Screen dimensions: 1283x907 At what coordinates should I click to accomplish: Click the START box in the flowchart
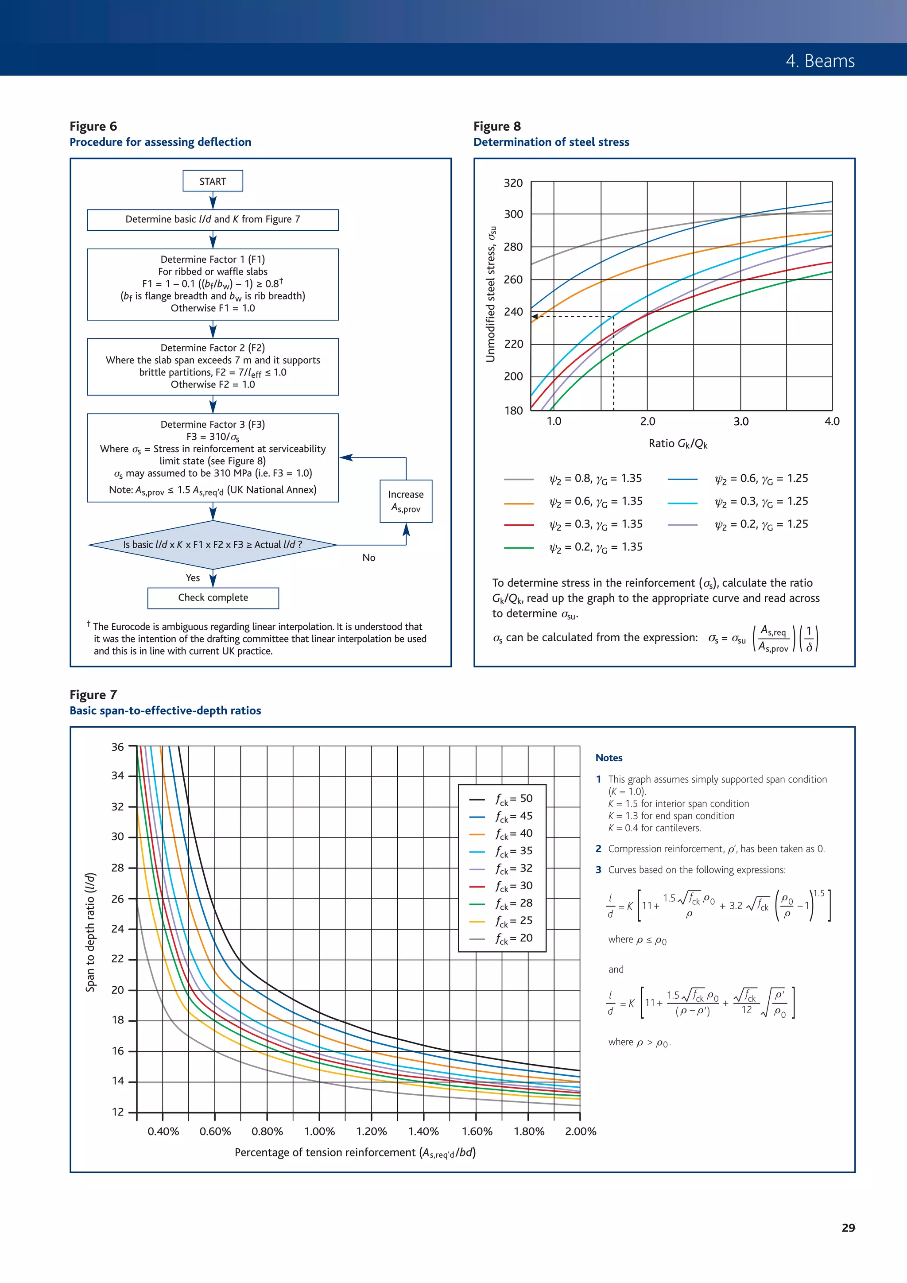[213, 181]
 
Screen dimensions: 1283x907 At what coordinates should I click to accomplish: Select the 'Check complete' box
[213, 597]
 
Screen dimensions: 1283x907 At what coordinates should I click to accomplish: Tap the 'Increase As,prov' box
[406, 501]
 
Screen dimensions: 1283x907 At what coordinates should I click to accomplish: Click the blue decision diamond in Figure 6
[213, 544]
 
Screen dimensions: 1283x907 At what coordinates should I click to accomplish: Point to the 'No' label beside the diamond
[369, 558]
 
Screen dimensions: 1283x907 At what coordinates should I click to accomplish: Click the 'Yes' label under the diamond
[193, 578]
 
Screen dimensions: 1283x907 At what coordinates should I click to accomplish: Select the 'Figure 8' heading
[497, 126]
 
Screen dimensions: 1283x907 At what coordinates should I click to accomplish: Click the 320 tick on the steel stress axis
[513, 183]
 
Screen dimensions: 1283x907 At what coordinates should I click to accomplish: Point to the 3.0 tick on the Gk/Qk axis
[741, 421]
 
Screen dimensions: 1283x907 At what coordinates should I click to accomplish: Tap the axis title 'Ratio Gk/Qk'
[678, 444]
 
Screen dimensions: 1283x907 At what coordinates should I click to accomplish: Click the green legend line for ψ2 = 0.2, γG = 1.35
[519, 548]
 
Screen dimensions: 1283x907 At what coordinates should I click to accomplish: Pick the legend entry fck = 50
[513, 798]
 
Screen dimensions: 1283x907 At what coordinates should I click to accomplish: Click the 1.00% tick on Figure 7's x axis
[319, 1132]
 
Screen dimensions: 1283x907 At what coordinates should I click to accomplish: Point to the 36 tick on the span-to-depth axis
[117, 747]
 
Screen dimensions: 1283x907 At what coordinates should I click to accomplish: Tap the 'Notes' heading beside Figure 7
[609, 758]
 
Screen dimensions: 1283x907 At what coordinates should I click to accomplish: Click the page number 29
[848, 1228]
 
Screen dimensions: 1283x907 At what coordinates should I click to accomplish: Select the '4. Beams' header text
[820, 61]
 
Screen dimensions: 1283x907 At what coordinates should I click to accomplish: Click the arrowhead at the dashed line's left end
[534, 317]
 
